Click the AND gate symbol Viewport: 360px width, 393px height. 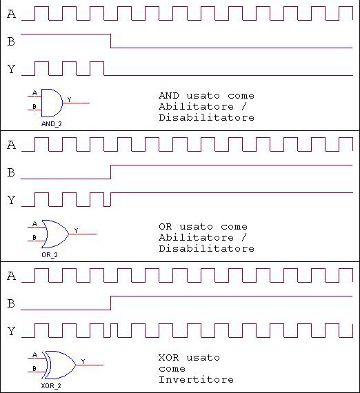(x=52, y=103)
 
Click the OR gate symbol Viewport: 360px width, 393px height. (x=55, y=234)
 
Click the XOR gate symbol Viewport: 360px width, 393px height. (x=60, y=365)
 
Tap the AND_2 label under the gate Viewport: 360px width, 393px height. (x=52, y=124)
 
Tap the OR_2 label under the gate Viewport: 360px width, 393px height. (x=50, y=255)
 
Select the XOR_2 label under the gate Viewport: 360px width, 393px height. (x=51, y=386)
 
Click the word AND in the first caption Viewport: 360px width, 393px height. (x=169, y=96)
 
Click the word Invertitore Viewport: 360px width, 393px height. (x=197, y=379)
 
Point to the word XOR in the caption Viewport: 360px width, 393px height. (x=169, y=357)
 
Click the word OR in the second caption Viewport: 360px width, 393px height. (x=166, y=227)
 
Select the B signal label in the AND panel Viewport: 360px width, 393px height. (x=11, y=41)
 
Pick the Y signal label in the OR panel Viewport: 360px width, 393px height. (x=11, y=200)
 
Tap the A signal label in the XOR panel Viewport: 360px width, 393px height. (x=11, y=276)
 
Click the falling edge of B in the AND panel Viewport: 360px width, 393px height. (x=111, y=41)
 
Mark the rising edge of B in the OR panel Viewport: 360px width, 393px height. (x=111, y=172)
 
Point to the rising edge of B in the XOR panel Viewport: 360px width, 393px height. (x=111, y=303)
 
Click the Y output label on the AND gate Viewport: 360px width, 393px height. (x=70, y=99)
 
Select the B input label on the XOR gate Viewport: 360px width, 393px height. (x=34, y=368)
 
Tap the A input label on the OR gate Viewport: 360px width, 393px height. (x=35, y=224)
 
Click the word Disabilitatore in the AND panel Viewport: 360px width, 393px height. (x=207, y=117)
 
